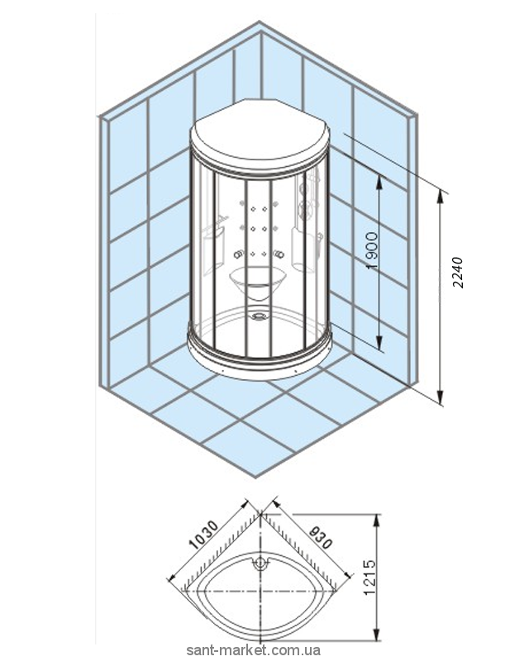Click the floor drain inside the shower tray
pyautogui.click(x=261, y=313)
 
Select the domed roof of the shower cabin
pyautogui.click(x=260, y=136)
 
